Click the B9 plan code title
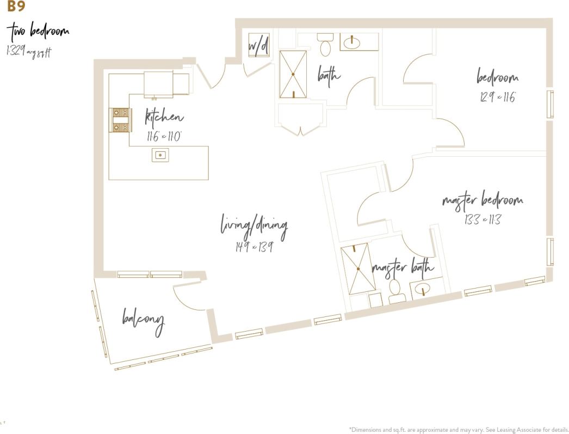pyautogui.click(x=16, y=7)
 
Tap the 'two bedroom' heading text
pyautogui.click(x=38, y=31)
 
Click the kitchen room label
pyautogui.click(x=164, y=117)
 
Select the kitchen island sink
pyautogui.click(x=160, y=155)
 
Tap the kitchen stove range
pyautogui.click(x=120, y=120)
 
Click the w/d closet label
pyautogui.click(x=258, y=47)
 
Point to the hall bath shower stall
pyautogui.click(x=293, y=74)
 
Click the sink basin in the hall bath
pyautogui.click(x=352, y=41)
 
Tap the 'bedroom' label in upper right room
pyautogui.click(x=497, y=77)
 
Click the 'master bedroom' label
pyautogui.click(x=483, y=200)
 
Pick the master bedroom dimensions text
pyautogui.click(x=482, y=219)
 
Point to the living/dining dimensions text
pyautogui.click(x=253, y=247)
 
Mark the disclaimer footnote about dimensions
pyautogui.click(x=459, y=429)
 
